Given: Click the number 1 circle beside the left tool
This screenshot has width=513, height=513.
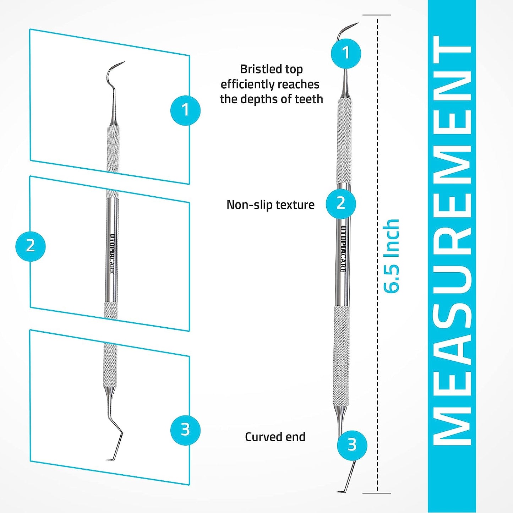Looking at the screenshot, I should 185,110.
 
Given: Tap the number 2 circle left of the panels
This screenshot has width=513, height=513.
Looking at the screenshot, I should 31,246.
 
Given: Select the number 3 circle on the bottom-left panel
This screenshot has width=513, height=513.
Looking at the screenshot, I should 185,430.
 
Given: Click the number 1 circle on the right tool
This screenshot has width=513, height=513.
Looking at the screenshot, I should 346,53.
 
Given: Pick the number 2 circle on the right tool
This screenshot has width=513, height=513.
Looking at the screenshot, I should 341,203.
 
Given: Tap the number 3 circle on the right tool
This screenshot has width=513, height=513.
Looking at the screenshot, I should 352,444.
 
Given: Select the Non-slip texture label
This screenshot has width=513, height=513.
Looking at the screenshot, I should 271,205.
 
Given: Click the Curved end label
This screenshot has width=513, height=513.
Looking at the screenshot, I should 275,437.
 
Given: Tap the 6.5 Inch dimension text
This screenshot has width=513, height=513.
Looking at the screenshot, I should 392,256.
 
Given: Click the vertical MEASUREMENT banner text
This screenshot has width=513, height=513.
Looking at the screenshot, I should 452,241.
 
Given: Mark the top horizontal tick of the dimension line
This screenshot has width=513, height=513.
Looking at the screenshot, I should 377,15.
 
